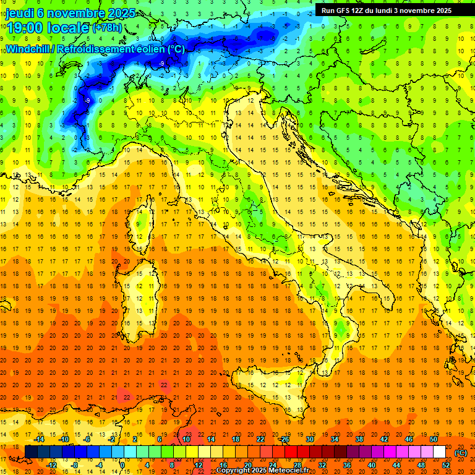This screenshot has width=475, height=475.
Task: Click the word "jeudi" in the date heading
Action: click(19, 13)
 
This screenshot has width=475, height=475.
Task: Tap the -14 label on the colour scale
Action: click(40, 439)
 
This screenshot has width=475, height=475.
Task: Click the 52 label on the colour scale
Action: click(446, 465)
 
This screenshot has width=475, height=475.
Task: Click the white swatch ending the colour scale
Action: click(440, 452)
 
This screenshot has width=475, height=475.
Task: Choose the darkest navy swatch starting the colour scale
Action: click(31, 452)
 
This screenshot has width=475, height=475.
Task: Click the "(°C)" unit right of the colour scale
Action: click(461, 453)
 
